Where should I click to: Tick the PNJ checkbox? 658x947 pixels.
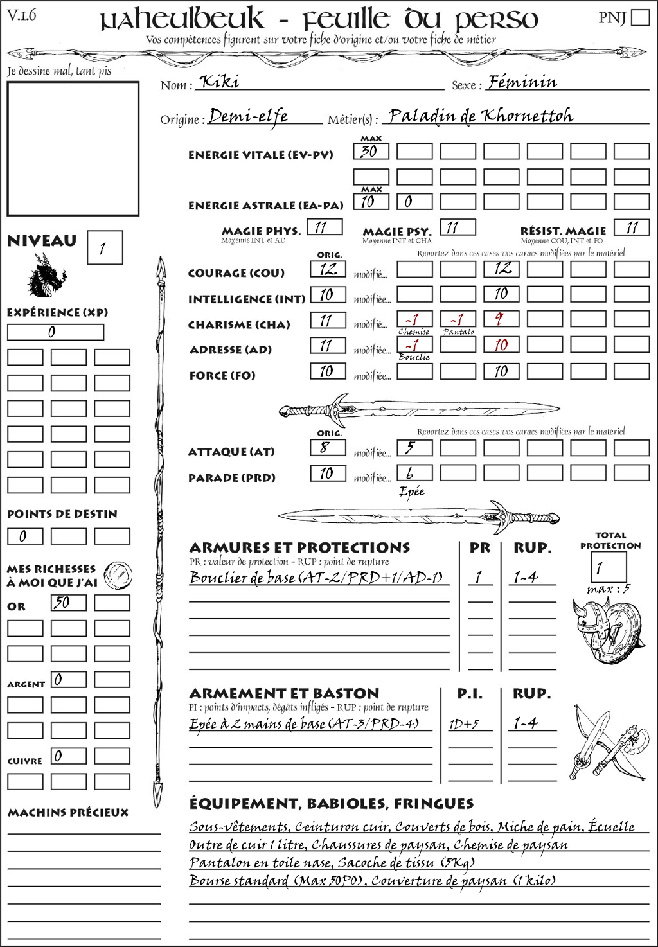pyautogui.click(x=640, y=17)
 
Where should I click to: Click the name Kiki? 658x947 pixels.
pyautogui.click(x=220, y=82)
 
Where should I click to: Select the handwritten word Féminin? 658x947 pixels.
pyautogui.click(x=522, y=82)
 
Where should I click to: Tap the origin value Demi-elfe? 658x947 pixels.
pyautogui.click(x=248, y=117)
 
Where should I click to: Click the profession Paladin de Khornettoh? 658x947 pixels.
pyautogui.click(x=481, y=116)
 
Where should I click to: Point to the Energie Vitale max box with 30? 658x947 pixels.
pyautogui.click(x=371, y=152)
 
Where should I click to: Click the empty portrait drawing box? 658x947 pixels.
pyautogui.click(x=73, y=148)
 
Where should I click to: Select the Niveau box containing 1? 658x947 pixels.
pyautogui.click(x=104, y=248)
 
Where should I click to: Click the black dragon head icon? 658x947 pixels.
pyautogui.click(x=47, y=276)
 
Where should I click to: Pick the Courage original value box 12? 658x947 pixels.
pyautogui.click(x=328, y=269)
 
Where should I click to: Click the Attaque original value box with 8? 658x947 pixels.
pyautogui.click(x=328, y=448)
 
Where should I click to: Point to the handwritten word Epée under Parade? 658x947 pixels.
pyautogui.click(x=411, y=491)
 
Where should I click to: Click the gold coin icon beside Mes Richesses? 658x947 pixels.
pyautogui.click(x=118, y=574)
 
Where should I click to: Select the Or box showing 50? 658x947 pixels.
pyautogui.click(x=68, y=603)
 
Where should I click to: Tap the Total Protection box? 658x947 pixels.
pyautogui.click(x=608, y=567)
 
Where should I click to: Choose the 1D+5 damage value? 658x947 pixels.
pyautogui.click(x=464, y=725)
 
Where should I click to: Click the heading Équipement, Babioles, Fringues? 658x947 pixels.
pyautogui.click(x=332, y=804)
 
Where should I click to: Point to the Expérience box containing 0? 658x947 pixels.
pyautogui.click(x=55, y=332)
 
